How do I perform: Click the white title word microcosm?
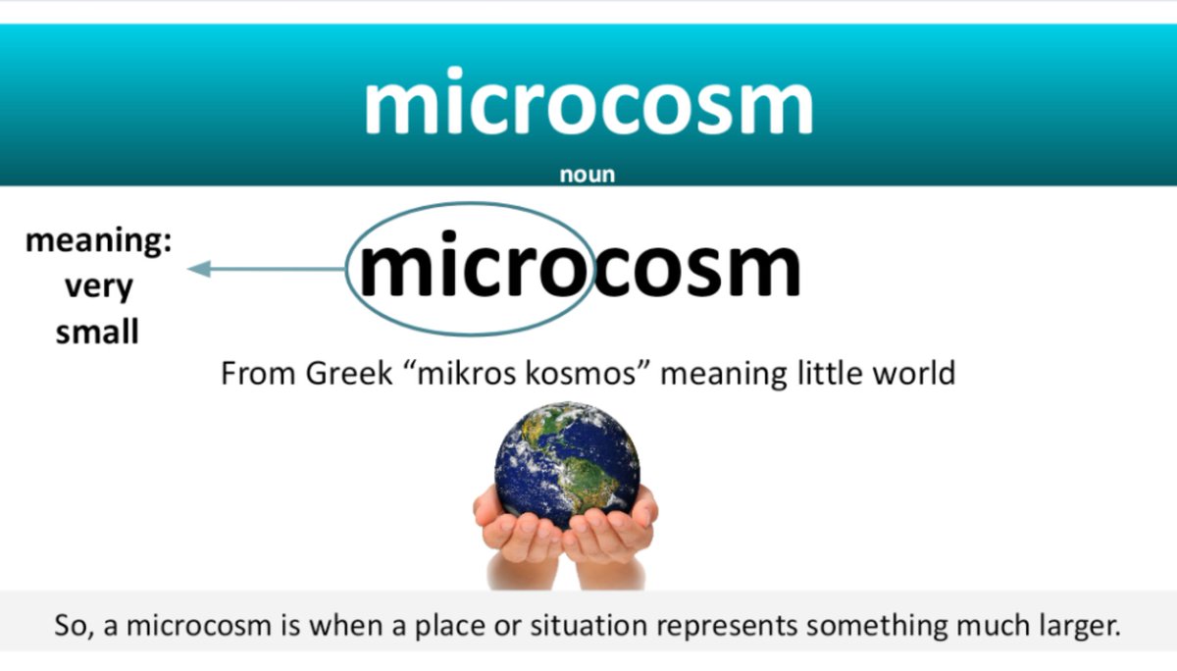588,101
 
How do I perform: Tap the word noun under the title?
588,175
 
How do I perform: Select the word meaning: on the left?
99,241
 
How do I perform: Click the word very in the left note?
99,286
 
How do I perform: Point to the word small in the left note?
97,331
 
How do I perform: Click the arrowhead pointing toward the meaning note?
200,269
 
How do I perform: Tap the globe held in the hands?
568,465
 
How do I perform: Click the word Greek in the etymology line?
349,374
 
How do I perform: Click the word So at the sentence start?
75,625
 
